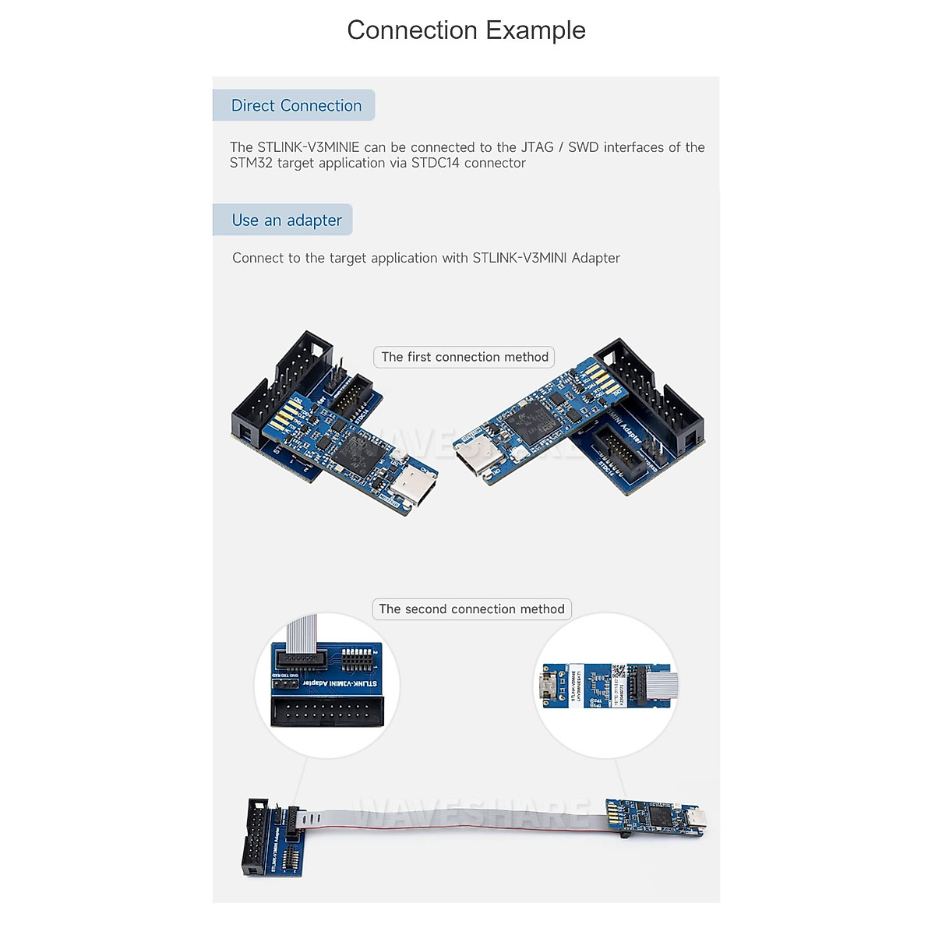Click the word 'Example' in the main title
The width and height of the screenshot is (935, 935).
tap(535, 30)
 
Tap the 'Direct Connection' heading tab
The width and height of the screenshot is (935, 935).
tap(295, 105)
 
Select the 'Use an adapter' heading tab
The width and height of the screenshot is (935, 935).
tap(286, 221)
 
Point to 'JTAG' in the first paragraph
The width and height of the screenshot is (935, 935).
tap(536, 147)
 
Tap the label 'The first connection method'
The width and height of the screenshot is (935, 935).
tap(464, 357)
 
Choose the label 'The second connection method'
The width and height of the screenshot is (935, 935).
tap(471, 609)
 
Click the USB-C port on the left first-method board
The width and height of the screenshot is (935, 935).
tap(414, 486)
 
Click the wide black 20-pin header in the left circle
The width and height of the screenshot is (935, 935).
tap(327, 711)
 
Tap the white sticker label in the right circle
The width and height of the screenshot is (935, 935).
tap(575, 686)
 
